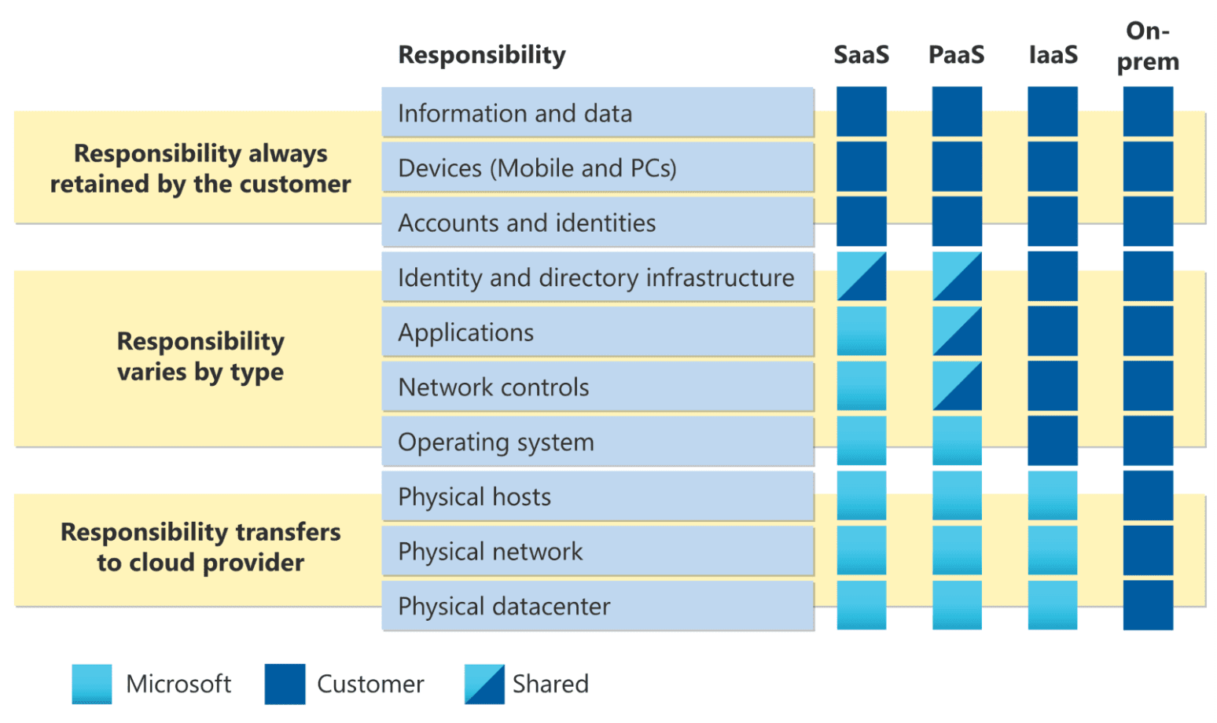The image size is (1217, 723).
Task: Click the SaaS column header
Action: coord(861,55)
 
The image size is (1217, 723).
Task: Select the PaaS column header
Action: coord(956,55)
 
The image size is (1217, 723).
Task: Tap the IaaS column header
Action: coord(1053,55)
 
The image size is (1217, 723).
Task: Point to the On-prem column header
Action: coord(1148,46)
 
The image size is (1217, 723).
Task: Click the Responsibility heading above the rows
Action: coord(481,55)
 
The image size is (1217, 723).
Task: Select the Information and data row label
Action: coord(515,113)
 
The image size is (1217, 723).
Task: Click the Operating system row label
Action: coord(495,442)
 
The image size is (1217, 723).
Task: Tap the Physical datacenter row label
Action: coord(504,607)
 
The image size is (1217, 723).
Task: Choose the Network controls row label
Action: coord(494,387)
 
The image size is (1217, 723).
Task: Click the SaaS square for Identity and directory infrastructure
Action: coord(861,277)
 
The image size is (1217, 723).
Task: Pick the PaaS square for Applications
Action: coord(957,332)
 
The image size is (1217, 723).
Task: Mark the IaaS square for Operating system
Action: coord(1053,441)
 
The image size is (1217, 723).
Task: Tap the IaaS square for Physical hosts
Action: coord(1053,496)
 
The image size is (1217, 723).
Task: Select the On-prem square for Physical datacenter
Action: coord(1148,605)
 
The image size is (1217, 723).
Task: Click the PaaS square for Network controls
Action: coord(957,386)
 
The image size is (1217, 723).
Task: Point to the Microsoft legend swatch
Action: coord(91,684)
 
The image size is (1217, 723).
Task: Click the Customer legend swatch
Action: coord(285,684)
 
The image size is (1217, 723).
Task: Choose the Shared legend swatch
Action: coord(483,684)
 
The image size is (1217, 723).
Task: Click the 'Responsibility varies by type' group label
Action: coord(200,356)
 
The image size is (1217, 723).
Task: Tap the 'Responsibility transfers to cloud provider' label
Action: coord(200,547)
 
